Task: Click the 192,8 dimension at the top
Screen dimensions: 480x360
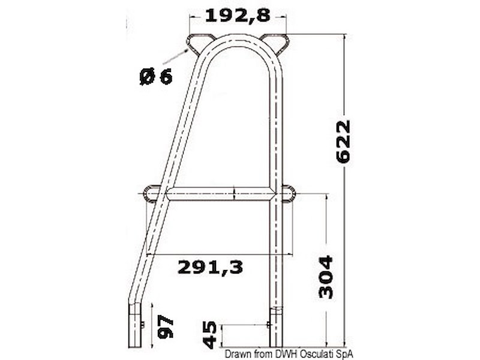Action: (238, 16)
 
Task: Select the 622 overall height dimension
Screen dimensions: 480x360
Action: (343, 141)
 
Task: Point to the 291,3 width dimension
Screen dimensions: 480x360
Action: (211, 267)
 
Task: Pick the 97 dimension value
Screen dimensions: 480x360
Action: (166, 328)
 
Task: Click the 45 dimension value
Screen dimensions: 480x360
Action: (210, 335)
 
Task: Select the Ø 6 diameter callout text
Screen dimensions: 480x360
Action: (156, 77)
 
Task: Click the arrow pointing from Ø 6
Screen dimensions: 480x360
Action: (175, 56)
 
